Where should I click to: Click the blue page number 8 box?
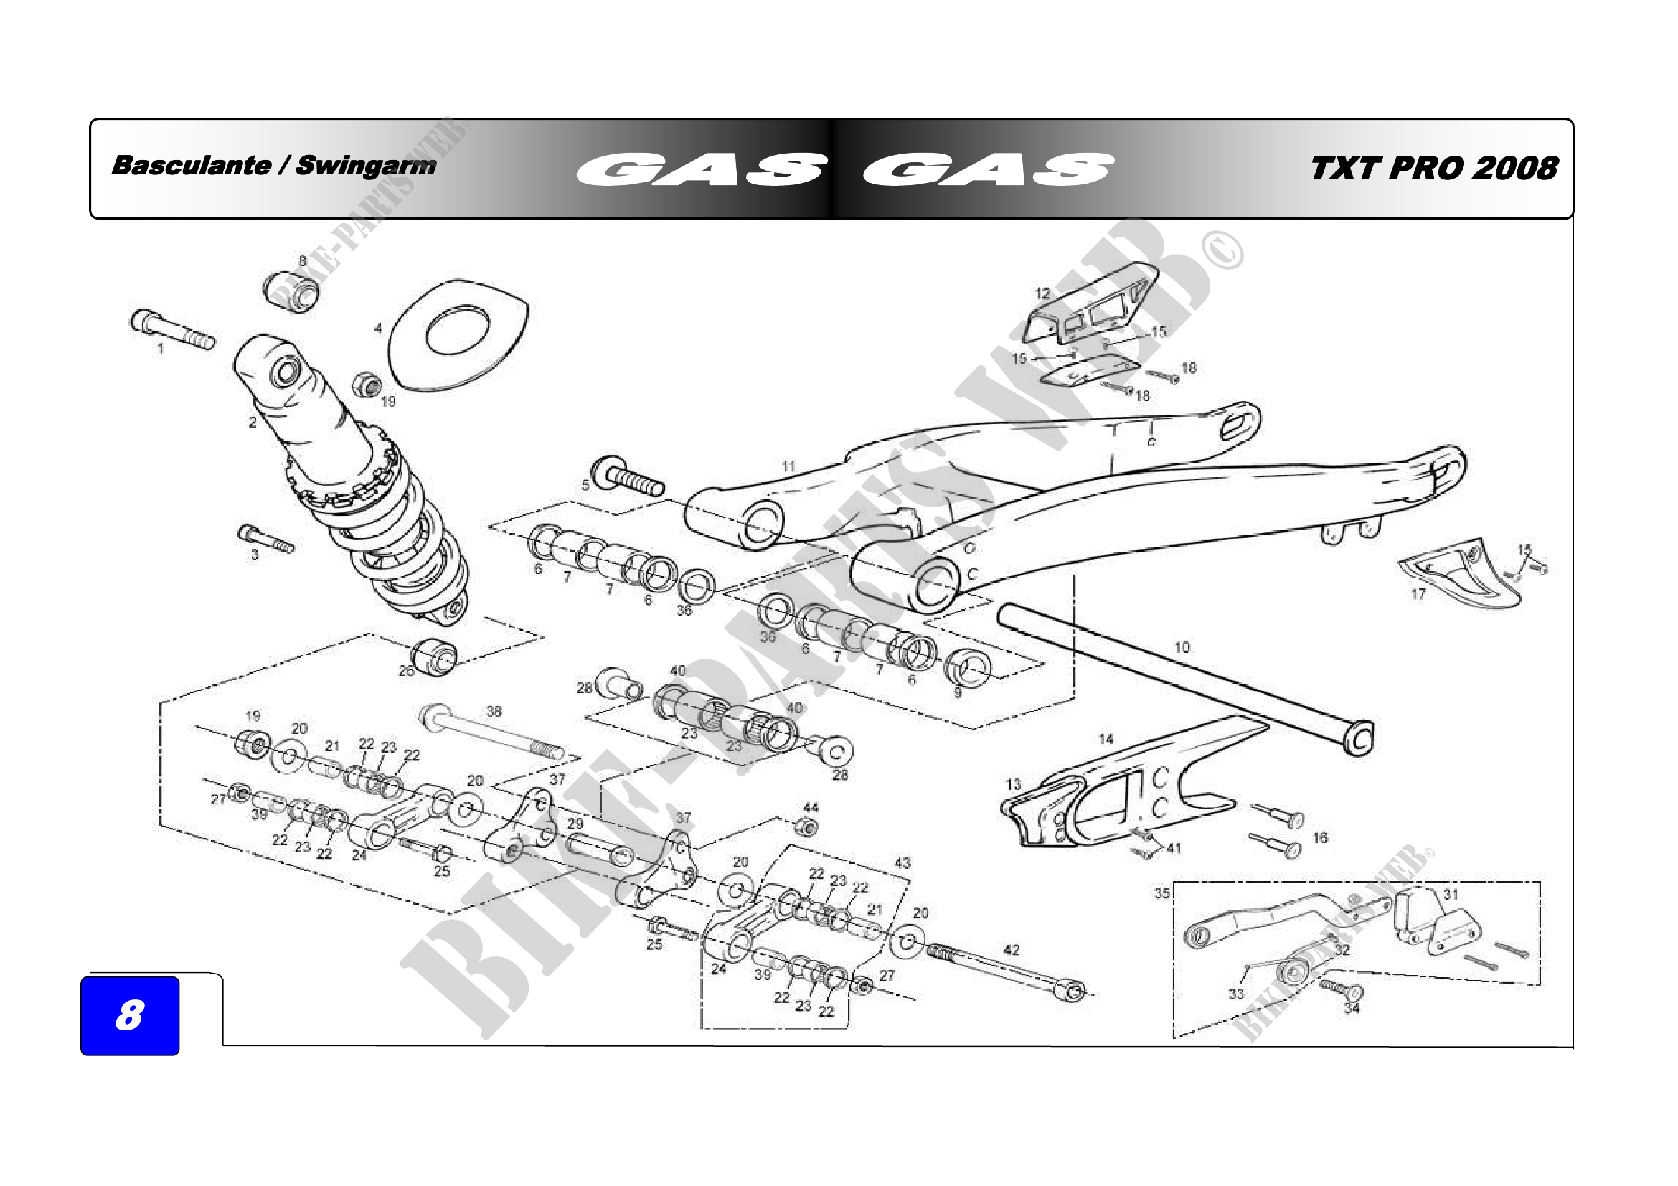tap(129, 1015)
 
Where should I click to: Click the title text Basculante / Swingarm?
tap(273, 165)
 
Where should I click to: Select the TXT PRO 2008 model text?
tap(1434, 168)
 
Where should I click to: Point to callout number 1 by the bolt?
tap(161, 349)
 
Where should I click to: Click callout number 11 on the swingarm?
tap(788, 466)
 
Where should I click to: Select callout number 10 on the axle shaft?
tap(1182, 647)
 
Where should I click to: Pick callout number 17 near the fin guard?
tap(1418, 594)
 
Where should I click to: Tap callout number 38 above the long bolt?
tap(494, 711)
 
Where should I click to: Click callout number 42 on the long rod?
tap(1012, 950)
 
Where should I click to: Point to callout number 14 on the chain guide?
tap(1106, 740)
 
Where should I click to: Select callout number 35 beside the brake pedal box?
tap(1162, 893)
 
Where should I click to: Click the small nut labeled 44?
tap(806, 827)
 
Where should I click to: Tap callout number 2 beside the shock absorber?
tap(253, 423)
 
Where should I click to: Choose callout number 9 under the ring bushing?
tap(958, 693)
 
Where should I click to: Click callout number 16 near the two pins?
tap(1320, 837)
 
